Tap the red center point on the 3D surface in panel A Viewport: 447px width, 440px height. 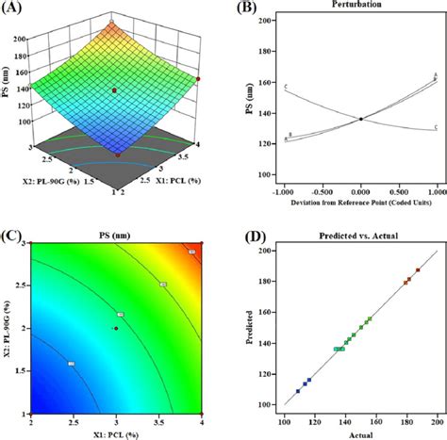point(115,90)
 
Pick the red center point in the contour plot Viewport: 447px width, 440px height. point(115,328)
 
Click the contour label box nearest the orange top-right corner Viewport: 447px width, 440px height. point(191,252)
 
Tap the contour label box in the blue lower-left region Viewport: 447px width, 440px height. point(72,363)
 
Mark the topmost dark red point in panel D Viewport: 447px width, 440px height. point(418,269)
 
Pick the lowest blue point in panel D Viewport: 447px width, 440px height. point(298,390)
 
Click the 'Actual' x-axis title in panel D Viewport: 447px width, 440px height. point(361,434)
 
